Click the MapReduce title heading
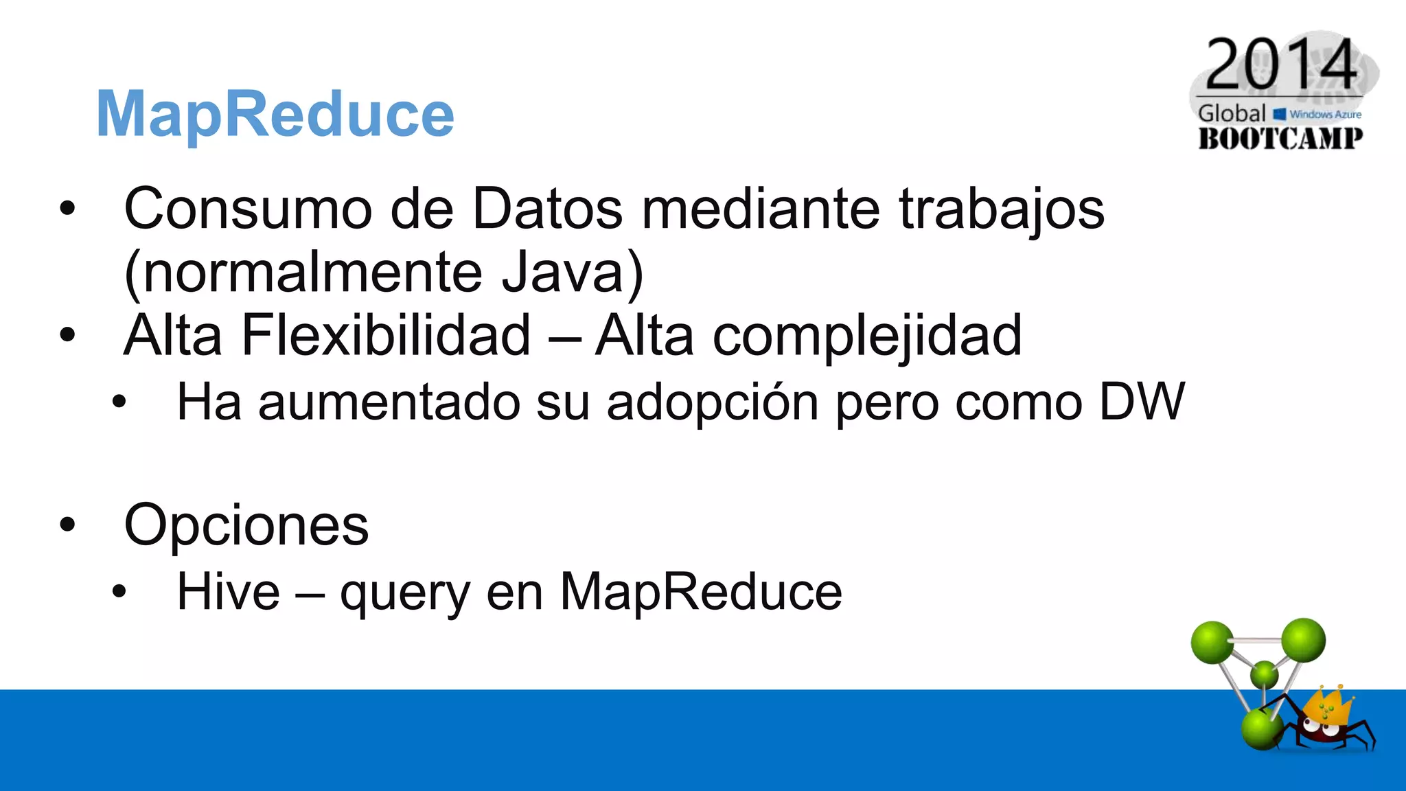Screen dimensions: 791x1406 (275, 114)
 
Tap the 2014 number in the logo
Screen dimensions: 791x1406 (1281, 65)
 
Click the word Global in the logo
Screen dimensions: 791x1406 (1232, 113)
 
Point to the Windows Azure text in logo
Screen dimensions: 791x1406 (1324, 115)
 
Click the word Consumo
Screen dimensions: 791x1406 (248, 209)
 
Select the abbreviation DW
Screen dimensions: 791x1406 (1142, 402)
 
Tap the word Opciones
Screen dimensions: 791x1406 (246, 526)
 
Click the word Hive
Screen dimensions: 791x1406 (228, 591)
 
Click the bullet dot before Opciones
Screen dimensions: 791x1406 (67, 525)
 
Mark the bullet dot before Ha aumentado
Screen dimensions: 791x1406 (119, 402)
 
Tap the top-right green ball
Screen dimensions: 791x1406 (1302, 640)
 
